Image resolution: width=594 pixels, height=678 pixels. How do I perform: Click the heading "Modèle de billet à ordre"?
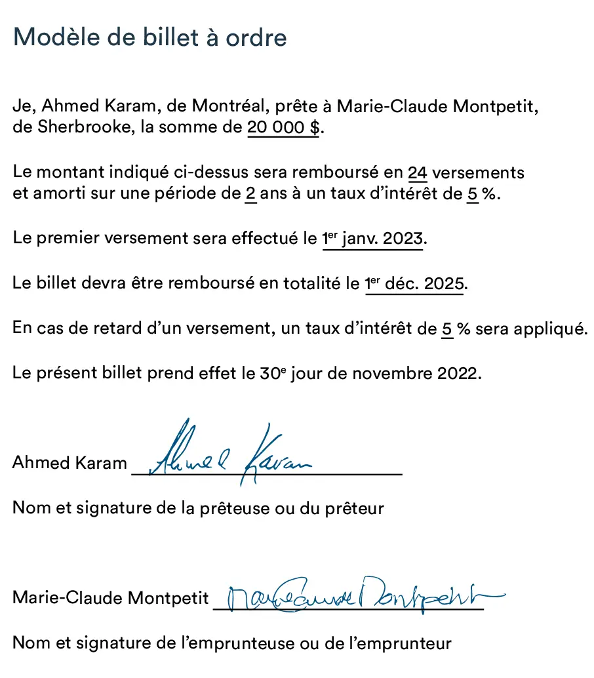point(149,37)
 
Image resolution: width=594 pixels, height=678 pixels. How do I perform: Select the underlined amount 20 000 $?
point(283,127)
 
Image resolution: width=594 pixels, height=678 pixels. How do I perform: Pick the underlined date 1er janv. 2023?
point(373,239)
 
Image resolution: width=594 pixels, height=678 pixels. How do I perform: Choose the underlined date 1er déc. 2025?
point(414,285)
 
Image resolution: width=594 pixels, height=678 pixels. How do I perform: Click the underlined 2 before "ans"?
point(250,195)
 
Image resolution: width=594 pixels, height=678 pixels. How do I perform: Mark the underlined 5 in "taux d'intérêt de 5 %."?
point(472,195)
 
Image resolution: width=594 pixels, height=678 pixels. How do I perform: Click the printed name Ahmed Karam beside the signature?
point(69,463)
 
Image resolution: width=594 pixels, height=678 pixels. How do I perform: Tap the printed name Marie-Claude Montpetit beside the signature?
point(110,598)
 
